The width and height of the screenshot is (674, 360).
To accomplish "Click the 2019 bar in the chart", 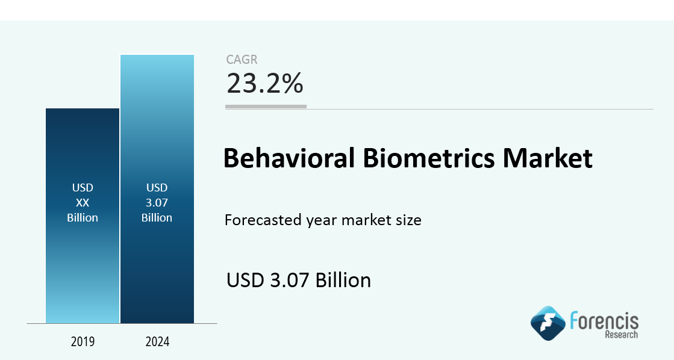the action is click(83, 216).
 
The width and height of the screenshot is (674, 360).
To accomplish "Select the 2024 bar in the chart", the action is click(157, 189).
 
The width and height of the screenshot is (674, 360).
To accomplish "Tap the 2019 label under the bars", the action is click(83, 341).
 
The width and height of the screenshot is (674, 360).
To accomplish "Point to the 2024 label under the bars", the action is click(157, 341).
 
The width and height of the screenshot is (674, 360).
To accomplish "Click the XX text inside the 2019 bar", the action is click(83, 202).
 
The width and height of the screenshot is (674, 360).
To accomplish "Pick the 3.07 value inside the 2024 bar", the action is click(157, 202).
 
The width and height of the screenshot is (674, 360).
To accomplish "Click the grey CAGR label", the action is click(242, 59).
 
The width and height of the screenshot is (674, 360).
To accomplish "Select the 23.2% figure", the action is click(265, 83).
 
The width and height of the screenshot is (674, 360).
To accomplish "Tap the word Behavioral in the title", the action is click(289, 158).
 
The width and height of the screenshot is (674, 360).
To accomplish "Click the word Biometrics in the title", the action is click(429, 158).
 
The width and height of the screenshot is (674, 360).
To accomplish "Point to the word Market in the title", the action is click(548, 158).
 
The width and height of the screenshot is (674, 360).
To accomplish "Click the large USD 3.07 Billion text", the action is click(299, 280).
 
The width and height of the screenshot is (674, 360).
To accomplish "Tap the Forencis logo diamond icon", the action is click(548, 323).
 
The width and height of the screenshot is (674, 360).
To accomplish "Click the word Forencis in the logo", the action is click(604, 321).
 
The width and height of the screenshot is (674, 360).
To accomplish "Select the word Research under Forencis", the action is click(622, 335).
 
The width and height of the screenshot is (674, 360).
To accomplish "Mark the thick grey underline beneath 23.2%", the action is click(266, 107).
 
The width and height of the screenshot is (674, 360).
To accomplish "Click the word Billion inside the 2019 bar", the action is click(83, 217).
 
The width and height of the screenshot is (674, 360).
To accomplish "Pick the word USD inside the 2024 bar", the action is click(157, 188).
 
